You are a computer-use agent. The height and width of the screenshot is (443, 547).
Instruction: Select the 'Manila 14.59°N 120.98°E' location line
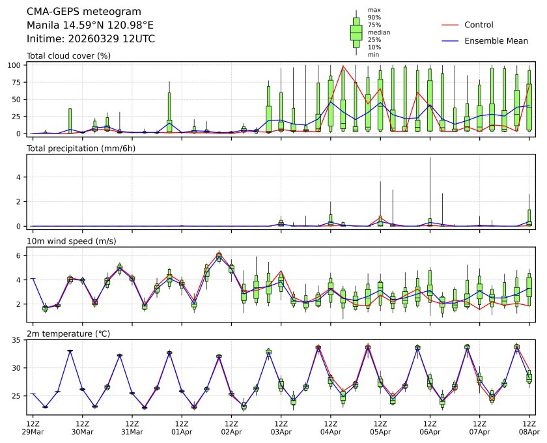coord(90,25)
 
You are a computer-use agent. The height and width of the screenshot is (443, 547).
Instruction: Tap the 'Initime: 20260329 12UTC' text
coord(91,39)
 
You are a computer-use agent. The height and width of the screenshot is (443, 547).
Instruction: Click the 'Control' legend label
coord(479,25)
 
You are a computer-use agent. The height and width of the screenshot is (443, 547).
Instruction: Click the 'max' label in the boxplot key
coord(373,10)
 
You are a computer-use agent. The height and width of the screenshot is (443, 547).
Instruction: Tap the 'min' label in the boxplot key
coord(373,55)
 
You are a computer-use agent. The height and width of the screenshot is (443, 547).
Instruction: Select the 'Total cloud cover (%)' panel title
coord(68,56)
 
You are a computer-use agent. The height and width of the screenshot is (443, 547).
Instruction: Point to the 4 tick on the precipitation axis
coord(21,177)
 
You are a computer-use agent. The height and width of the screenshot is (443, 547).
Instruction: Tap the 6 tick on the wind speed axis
coord(21,256)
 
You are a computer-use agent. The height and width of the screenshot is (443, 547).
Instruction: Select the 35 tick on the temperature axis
coord(19,340)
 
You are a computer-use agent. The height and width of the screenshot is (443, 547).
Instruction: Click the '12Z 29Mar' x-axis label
coord(33,427)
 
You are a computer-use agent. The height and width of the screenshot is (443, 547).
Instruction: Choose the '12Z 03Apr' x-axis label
coord(281,427)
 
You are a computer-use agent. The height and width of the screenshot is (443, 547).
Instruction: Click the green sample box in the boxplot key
coord(356,32)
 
